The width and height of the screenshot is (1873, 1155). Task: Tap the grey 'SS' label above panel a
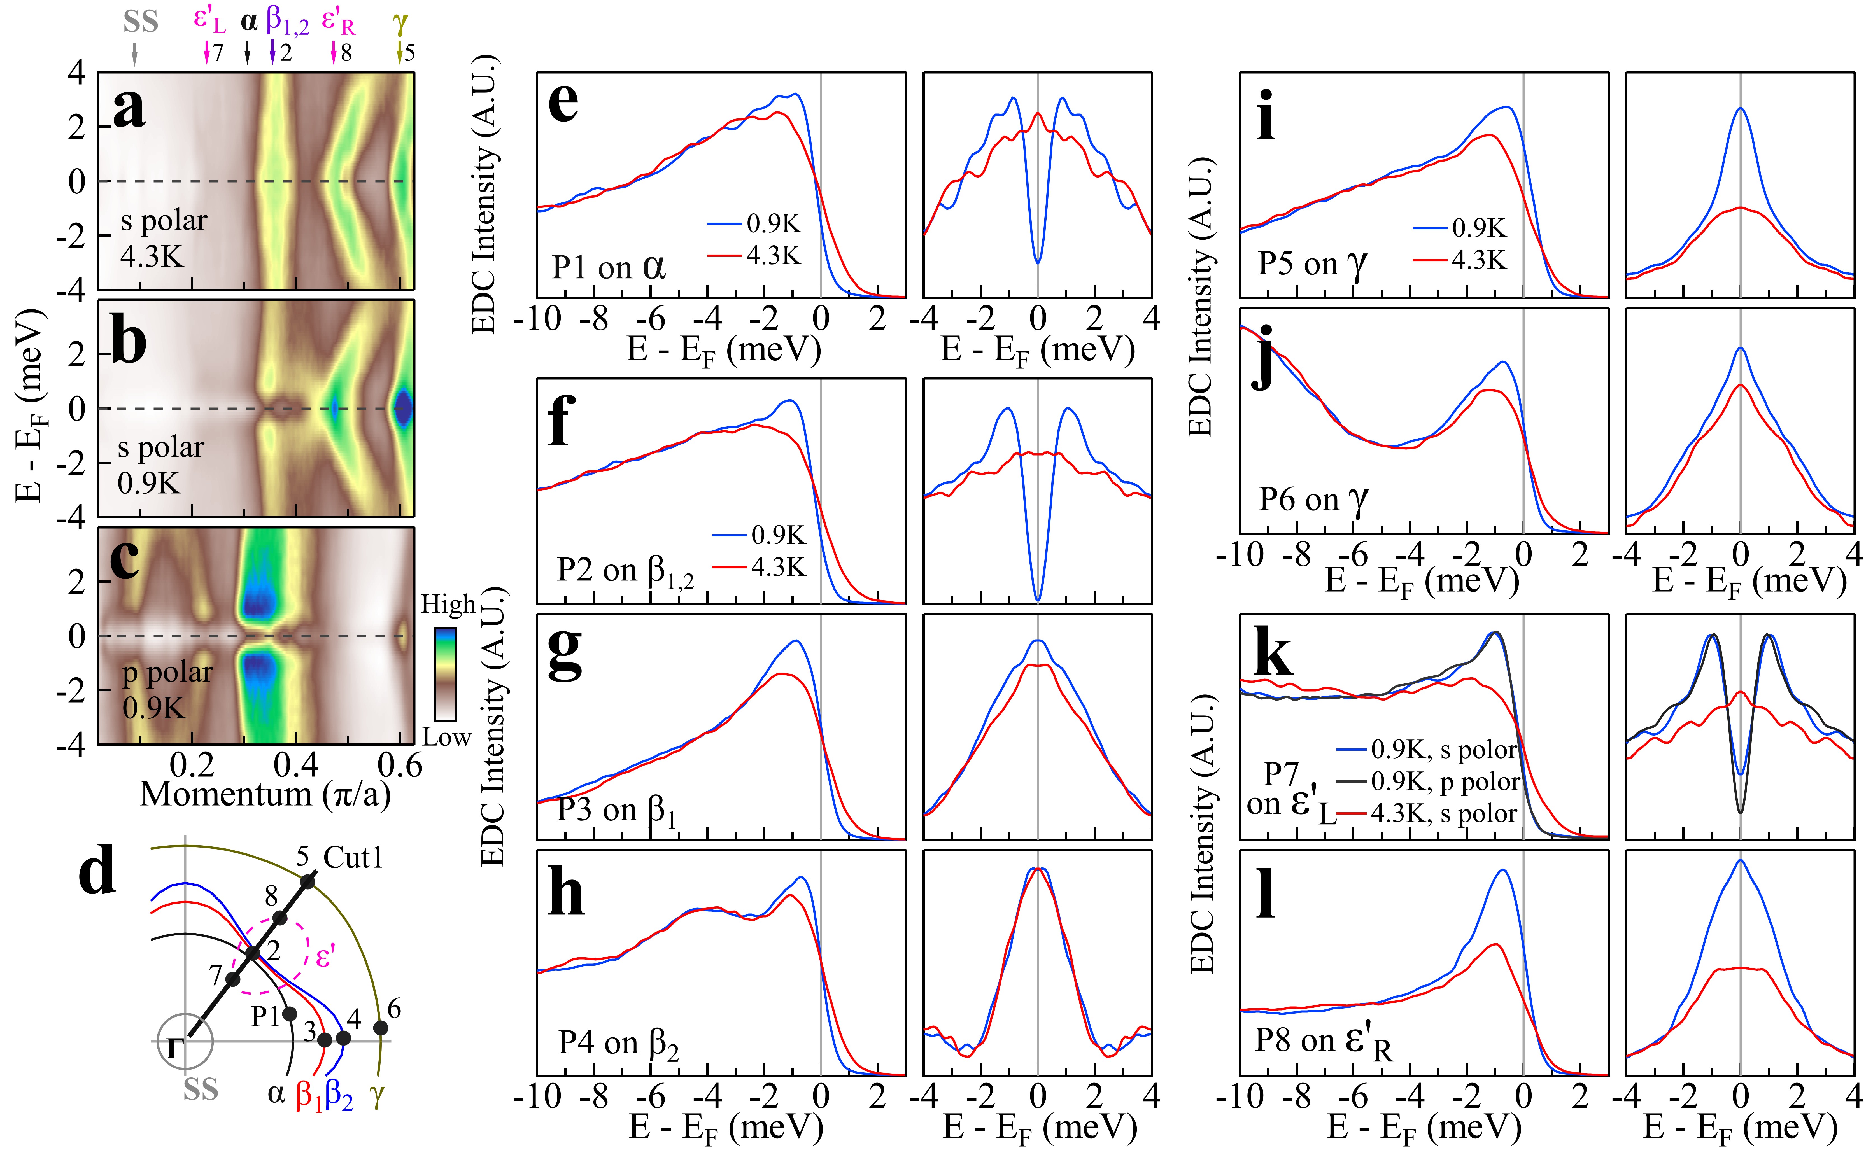141,22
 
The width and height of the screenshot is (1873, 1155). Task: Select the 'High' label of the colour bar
448,605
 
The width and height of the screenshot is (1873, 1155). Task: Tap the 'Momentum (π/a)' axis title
265,794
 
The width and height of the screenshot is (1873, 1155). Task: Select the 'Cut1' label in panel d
353,858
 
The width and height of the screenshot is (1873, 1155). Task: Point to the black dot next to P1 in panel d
290,1014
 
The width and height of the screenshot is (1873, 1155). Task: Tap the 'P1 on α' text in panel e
609,267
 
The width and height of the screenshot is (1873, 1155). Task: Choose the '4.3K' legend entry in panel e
773,256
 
